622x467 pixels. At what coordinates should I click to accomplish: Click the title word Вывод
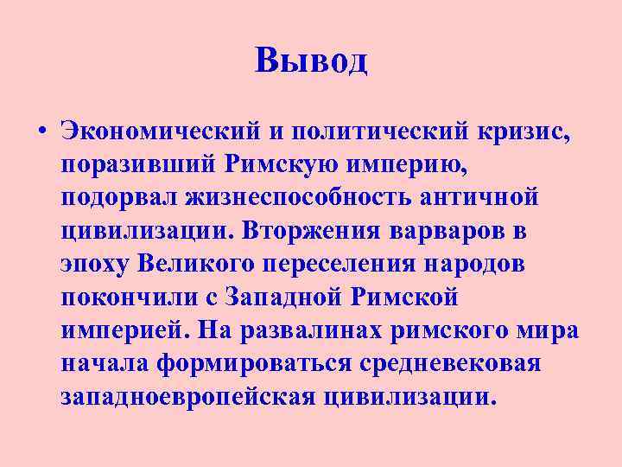click(x=312, y=61)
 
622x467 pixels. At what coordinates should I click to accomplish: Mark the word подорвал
click(x=118, y=197)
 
